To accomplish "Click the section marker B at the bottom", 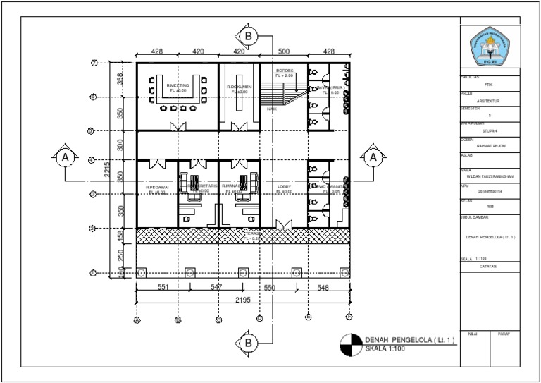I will point(248,343).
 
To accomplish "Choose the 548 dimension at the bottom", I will point(323,288).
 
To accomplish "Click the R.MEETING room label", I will point(177,85).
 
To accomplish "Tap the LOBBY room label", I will point(284,187).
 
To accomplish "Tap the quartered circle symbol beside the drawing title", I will point(349,344).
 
